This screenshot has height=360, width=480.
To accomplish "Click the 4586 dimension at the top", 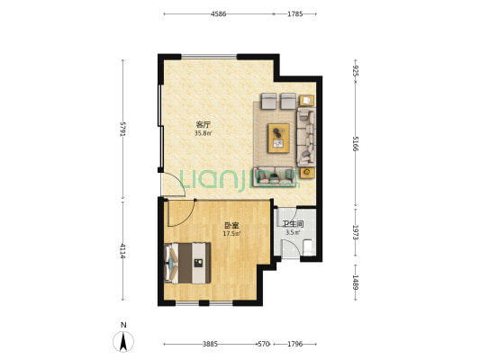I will coord(219,13).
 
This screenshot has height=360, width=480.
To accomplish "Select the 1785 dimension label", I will coord(295,13).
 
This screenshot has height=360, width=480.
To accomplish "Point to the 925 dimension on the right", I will coord(357,69).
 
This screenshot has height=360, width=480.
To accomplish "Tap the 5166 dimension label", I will coord(357,144).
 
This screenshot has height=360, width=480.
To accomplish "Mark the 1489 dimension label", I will coord(357,282).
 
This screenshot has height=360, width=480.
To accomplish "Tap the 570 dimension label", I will coord(264,344).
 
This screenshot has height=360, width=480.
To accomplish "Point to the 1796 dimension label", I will coord(295,344).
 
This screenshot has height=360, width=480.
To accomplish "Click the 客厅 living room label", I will coord(204,125).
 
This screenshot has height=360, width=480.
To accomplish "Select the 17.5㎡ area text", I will coord(232,234).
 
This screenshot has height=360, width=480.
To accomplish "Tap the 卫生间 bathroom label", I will coord(293,224).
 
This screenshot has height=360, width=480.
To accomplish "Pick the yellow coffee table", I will coord(279,136).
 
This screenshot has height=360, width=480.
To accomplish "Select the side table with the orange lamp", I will coord(306,171).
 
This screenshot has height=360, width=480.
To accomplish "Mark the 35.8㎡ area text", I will coord(204,134).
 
